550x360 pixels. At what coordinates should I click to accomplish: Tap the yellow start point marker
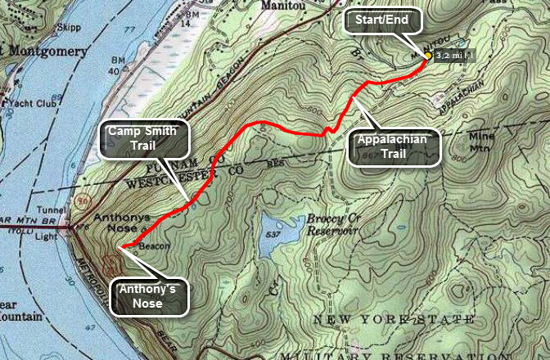[427, 56]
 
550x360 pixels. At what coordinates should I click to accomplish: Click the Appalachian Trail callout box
[392, 145]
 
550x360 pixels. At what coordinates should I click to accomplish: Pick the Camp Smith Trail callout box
[143, 140]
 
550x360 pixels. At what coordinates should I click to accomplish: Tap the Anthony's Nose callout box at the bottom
[150, 295]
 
